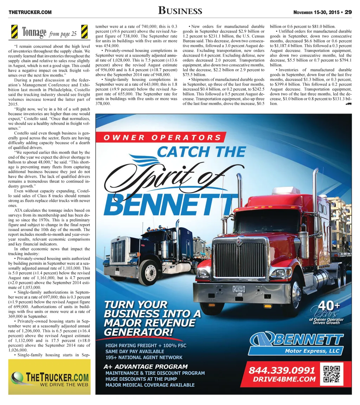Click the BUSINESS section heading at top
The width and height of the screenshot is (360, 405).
click(x=180, y=11)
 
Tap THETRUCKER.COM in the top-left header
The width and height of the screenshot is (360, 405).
click(x=30, y=12)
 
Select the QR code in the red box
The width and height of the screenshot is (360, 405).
click(x=332, y=374)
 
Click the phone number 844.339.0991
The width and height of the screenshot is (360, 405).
click(x=282, y=370)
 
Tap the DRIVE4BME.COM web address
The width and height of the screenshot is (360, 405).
click(x=282, y=379)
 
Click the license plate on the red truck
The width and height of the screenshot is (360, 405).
click(x=239, y=289)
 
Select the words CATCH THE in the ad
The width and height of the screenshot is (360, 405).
click(x=201, y=152)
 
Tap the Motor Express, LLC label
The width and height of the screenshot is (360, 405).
click(x=312, y=351)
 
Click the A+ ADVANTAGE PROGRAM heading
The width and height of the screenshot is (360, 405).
click(x=146, y=366)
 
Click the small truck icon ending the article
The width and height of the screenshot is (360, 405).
click(x=348, y=104)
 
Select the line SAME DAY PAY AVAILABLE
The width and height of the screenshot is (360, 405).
click(x=135, y=351)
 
